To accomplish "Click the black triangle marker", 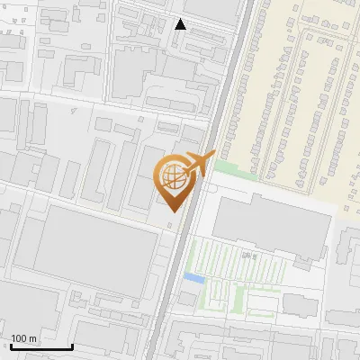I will pos(181,24).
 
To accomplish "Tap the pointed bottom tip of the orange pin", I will pos(173,212).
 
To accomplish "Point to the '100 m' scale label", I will pos(24,338).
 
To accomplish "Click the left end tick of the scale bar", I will pos(10,346).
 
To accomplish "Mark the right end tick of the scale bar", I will pos(72,346).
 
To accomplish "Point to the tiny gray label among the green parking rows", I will pos(251,256).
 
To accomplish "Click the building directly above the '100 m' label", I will pos(36,310).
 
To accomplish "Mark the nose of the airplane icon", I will pos(213,155).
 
